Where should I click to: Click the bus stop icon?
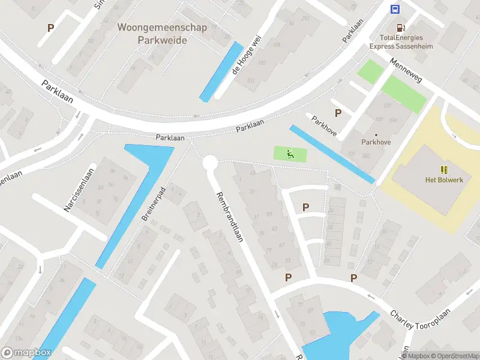pyautogui.click(x=395, y=9)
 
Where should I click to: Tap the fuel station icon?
pyautogui.click(x=400, y=28)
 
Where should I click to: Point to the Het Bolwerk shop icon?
pyautogui.click(x=445, y=170)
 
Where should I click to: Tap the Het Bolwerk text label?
pyautogui.click(x=444, y=180)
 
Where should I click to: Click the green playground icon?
pyautogui.click(x=290, y=154)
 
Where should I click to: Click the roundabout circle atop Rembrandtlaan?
pyautogui.click(x=209, y=162)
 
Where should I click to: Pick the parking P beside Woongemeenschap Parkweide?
pyautogui.click(x=51, y=28)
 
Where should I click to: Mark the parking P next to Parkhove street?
pyautogui.click(x=338, y=112)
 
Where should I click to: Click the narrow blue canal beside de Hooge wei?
pyautogui.click(x=221, y=71)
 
